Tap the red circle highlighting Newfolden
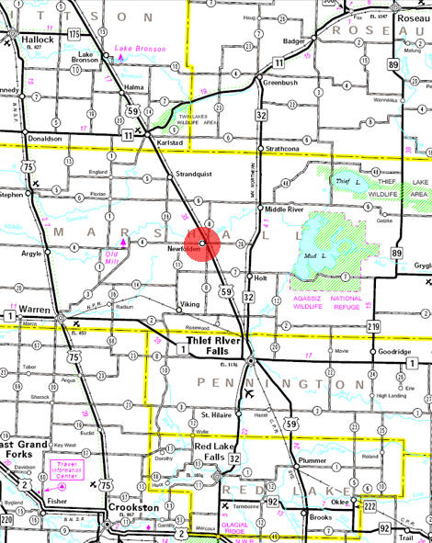pyautogui.click(x=202, y=243)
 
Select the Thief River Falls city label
pyautogui.click(x=213, y=344)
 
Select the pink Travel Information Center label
pyautogui.click(x=67, y=470)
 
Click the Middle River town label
pyautogui.click(x=285, y=209)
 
